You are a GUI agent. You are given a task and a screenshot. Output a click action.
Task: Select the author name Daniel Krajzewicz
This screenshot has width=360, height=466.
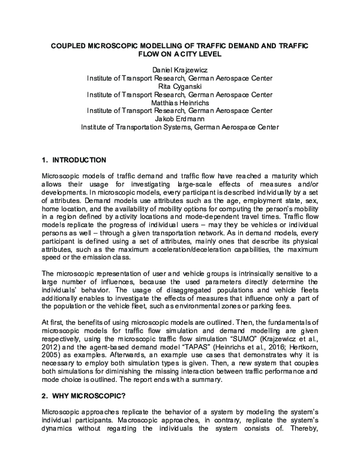tap(180, 70)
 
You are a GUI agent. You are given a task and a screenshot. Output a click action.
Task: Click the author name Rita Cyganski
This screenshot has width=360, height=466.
tap(180, 86)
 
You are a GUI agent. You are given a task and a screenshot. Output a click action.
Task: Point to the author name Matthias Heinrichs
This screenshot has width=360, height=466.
tap(180, 102)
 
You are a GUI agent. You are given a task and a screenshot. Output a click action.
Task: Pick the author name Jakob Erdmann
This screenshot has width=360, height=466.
tap(180, 118)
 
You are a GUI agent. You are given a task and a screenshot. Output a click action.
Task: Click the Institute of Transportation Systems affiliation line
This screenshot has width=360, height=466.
tap(180, 127)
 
